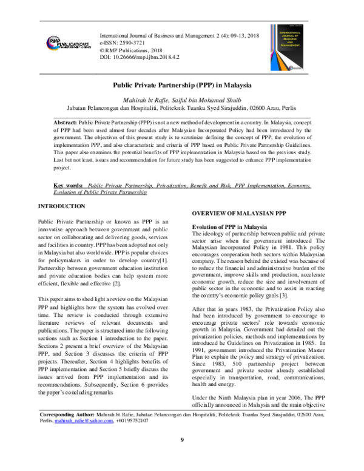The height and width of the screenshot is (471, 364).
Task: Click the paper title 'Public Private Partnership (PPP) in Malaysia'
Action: [182, 86]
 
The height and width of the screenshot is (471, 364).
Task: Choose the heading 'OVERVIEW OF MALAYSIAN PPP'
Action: [238, 214]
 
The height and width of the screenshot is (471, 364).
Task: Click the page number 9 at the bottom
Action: [182, 457]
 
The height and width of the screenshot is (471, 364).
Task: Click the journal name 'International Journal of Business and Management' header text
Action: [158, 36]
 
